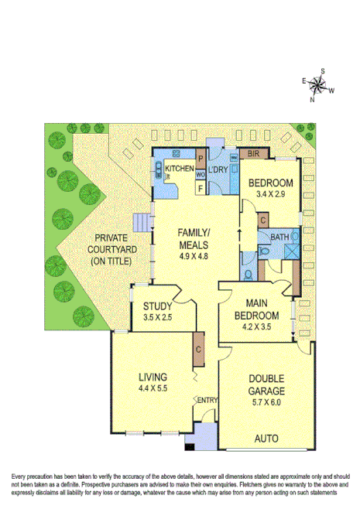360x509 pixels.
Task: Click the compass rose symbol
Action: tap(318, 84)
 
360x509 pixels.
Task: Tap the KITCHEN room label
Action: tap(179, 169)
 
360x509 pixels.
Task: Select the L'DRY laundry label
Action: tap(219, 169)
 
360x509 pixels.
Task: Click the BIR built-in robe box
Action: tap(251, 154)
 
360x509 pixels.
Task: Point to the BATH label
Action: tap(279, 237)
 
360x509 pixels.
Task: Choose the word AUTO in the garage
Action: tap(266, 439)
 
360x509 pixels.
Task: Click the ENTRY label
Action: tap(207, 400)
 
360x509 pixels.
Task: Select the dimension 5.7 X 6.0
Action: tap(266, 392)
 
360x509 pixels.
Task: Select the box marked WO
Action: tap(200, 173)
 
